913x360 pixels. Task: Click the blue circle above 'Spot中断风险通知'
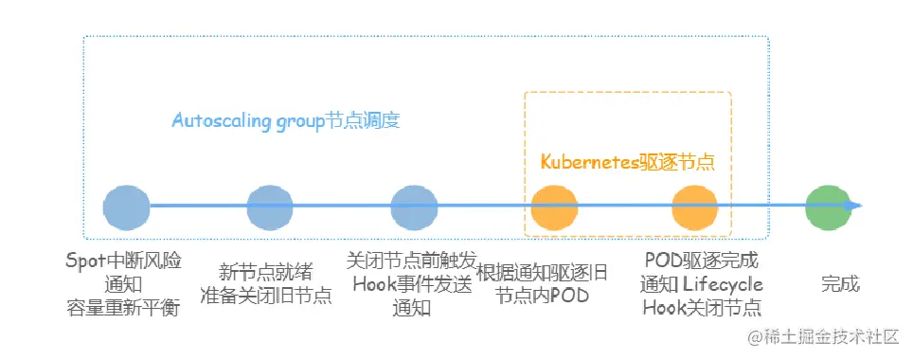point(126,207)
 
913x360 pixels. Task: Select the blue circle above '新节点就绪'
point(270,207)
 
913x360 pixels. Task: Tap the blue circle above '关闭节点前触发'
point(414,207)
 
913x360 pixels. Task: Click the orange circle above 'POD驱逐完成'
point(696,207)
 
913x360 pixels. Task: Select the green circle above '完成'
point(827,207)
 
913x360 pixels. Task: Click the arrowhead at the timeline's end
point(856,207)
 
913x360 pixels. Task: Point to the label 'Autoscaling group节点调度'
point(286,121)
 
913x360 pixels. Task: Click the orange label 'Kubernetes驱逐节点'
point(627,162)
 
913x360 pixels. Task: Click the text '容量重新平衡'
point(123,307)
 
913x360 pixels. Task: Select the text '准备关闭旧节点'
point(266,295)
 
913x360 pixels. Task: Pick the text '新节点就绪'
point(266,271)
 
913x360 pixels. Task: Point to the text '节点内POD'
point(543,295)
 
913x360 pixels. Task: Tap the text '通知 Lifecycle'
point(701,284)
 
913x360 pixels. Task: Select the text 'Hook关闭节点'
point(701,307)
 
